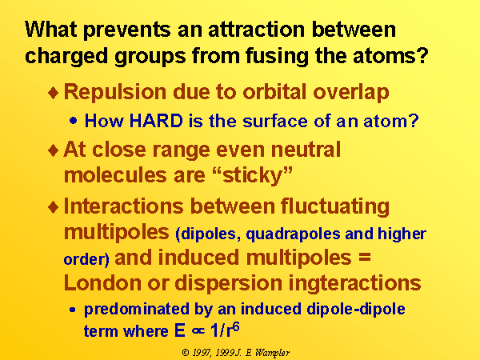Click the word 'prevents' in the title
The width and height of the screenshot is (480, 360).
click(126, 30)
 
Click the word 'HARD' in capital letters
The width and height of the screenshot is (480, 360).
click(156, 120)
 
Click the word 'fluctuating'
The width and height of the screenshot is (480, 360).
click(335, 207)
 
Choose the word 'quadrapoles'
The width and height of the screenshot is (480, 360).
click(293, 234)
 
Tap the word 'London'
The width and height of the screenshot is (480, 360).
click(102, 283)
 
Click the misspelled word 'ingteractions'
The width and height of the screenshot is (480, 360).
click(354, 284)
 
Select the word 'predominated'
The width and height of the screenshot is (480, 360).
click(137, 310)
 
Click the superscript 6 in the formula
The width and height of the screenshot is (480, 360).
click(236, 327)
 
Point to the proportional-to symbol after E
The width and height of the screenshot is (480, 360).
click(198, 331)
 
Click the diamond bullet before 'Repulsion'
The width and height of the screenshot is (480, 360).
click(54, 93)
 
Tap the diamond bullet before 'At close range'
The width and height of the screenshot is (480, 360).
click(54, 150)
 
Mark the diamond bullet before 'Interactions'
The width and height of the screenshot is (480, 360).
click(54, 207)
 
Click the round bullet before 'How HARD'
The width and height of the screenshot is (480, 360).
click(73, 121)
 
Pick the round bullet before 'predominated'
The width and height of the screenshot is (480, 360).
click(73, 310)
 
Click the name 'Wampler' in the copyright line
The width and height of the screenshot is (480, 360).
click(272, 353)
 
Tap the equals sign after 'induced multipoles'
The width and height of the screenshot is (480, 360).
click(365, 257)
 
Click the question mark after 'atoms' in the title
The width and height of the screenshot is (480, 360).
click(423, 56)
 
